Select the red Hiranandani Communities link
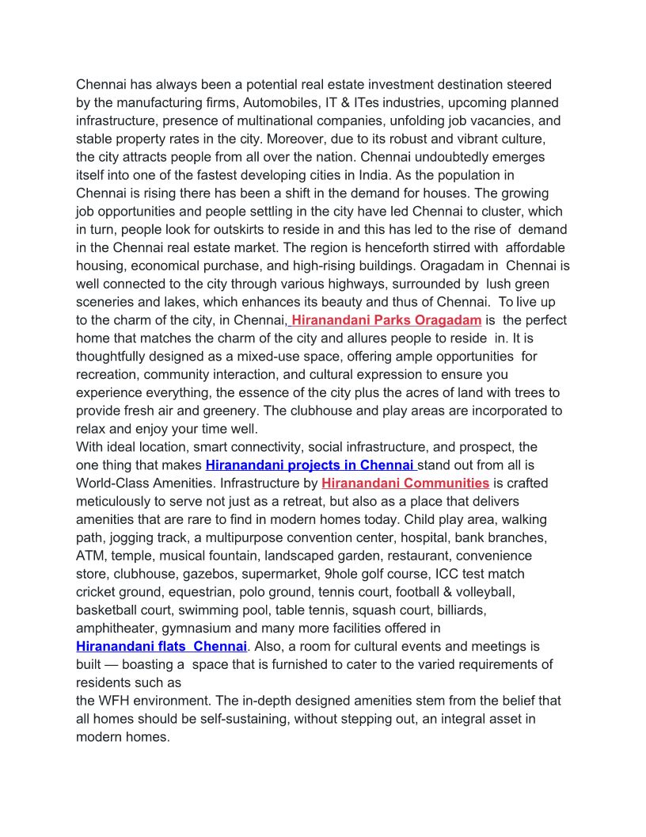tap(405, 483)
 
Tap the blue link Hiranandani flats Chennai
tap(161, 647)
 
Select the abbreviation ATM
tap(90, 556)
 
